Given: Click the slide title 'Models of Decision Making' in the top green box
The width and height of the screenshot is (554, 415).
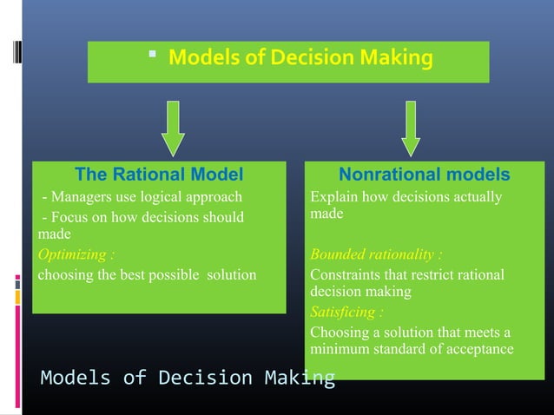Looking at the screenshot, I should point(300,59).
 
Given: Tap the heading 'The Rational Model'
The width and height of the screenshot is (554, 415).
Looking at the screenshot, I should point(159,175).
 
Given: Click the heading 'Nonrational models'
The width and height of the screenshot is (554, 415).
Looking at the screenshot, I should point(424,175).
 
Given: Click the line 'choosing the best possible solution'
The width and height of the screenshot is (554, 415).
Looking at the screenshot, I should point(146,275).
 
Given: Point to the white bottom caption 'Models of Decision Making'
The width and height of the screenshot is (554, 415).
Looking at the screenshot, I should point(188,378).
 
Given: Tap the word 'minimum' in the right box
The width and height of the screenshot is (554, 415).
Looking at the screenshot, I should point(339,349).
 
